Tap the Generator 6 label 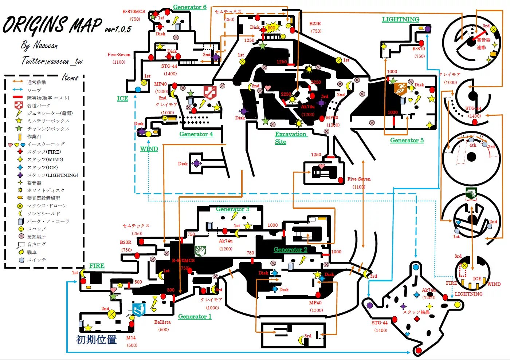tap(189, 7)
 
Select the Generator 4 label tap(196, 134)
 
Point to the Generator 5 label tap(407, 140)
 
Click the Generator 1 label tap(195, 316)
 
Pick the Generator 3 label tap(232, 209)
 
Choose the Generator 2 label tap(290, 249)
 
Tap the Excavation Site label tap(290, 138)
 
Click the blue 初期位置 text tap(96, 340)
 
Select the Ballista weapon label tap(162, 322)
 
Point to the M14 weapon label tap(131, 337)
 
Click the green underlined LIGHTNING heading tap(400, 19)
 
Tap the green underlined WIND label tap(149, 149)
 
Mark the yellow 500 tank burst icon tap(272, 28)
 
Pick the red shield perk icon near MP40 tap(210, 92)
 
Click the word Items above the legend tap(70, 77)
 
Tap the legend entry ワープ tap(34, 90)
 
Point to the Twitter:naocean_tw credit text tap(52, 61)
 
